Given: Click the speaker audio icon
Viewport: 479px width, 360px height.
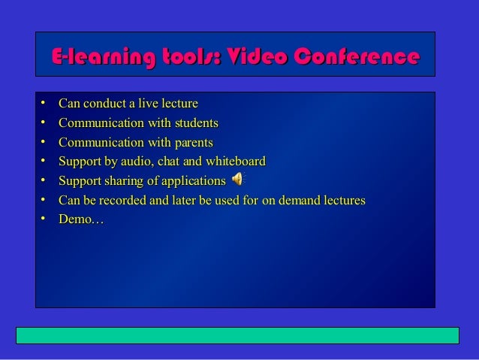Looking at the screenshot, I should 238,179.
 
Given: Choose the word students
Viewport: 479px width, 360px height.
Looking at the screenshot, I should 192,123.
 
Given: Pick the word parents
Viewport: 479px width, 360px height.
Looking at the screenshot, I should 190,142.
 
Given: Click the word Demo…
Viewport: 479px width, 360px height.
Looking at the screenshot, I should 80,219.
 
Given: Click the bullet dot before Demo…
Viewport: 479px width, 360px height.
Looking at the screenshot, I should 45,219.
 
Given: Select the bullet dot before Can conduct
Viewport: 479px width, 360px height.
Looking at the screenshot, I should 45,102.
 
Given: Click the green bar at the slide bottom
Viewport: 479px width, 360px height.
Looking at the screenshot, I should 237,335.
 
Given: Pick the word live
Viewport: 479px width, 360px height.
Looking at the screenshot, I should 137,103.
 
